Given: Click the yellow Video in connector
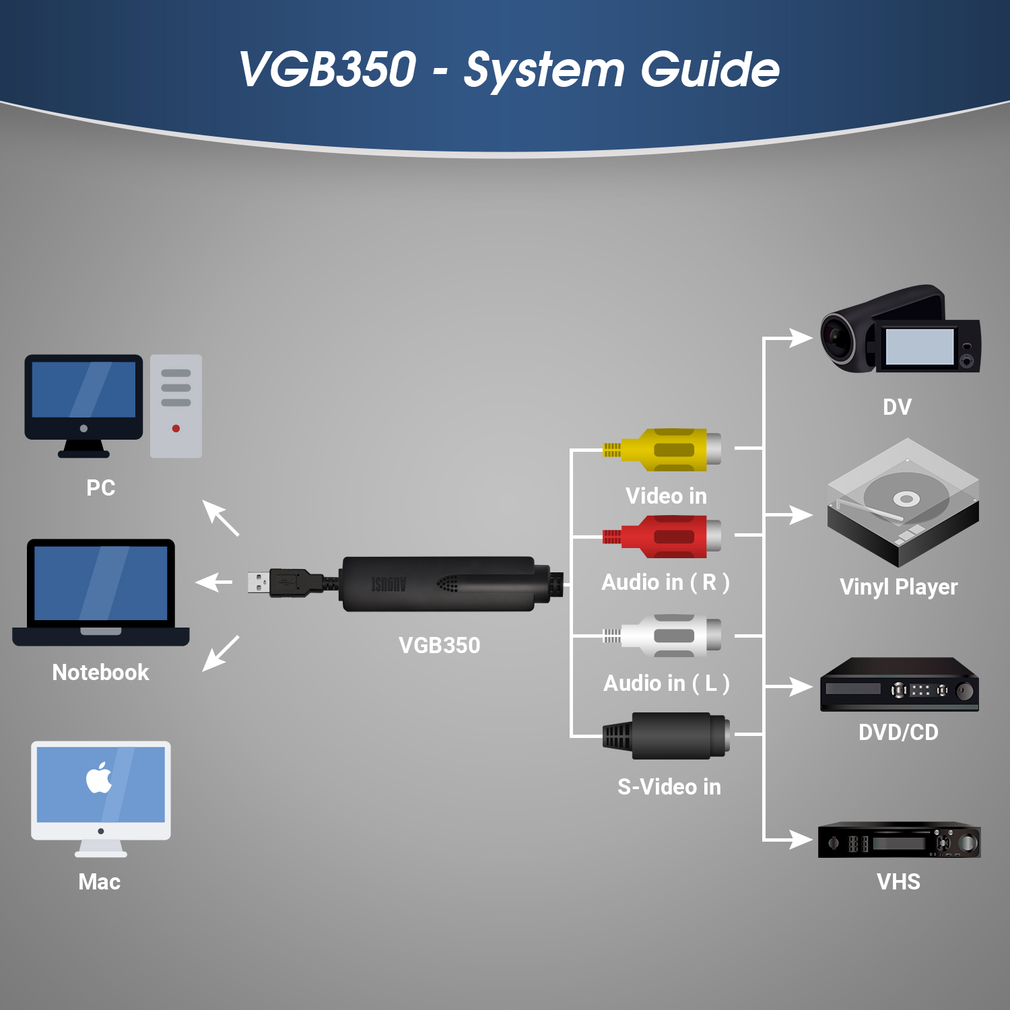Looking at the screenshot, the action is point(663,450).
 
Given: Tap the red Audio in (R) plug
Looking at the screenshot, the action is point(663,537).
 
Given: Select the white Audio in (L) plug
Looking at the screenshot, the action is point(663,636).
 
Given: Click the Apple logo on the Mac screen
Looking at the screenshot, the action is point(99,778).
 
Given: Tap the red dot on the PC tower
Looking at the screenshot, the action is point(176,428).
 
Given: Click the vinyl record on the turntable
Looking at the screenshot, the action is point(906,499).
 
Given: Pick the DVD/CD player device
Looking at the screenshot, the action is point(900,684).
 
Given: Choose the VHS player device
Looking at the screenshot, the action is point(900,840).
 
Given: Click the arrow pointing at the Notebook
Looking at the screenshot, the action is point(214,582).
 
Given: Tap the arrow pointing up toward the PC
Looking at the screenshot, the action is point(221,518).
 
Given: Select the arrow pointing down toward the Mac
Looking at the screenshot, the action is point(221,653).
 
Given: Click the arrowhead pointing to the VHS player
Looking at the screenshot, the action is point(801,840).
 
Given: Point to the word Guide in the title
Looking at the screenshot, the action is point(710,69).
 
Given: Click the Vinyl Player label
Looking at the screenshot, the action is point(899,587).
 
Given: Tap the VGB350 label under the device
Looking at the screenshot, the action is point(440,645).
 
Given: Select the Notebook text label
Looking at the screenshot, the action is point(101,672).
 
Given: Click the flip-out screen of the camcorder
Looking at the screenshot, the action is point(920,347).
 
